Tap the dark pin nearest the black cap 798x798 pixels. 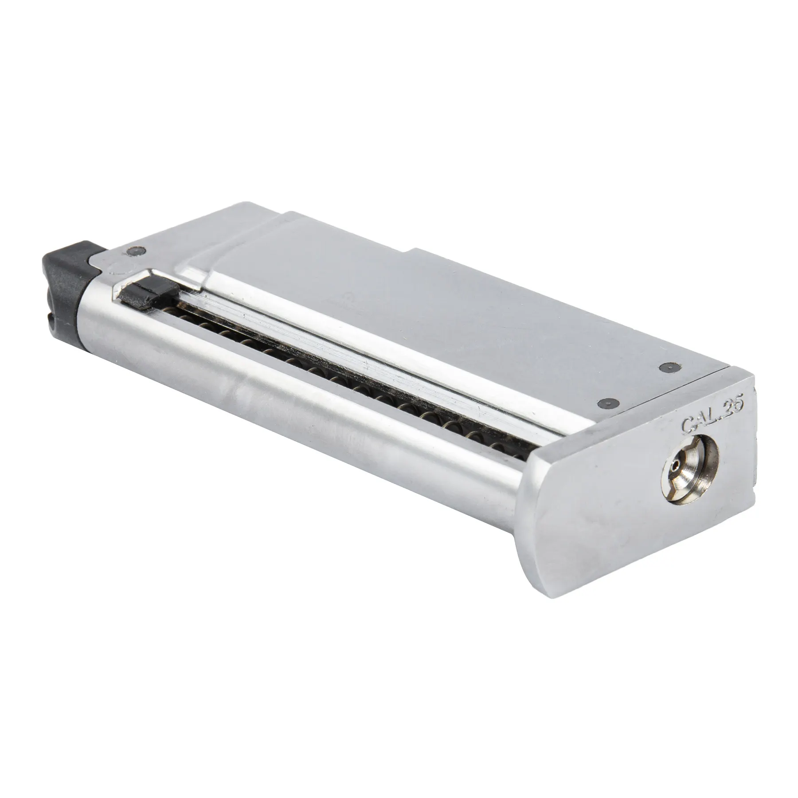coord(132,251)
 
